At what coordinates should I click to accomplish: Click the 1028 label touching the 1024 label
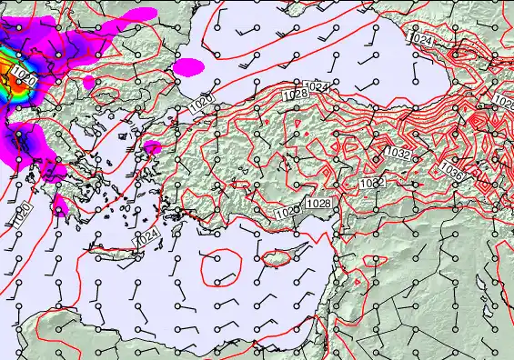[x=294, y=95]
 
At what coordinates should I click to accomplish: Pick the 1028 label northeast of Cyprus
[x=318, y=203]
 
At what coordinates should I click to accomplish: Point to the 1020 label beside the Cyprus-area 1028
[x=286, y=212]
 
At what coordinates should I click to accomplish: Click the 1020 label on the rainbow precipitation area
[x=25, y=83]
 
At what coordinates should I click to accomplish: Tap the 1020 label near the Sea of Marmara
[x=202, y=103]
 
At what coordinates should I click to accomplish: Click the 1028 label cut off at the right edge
[x=504, y=99]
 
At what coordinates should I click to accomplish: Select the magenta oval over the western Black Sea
[x=188, y=66]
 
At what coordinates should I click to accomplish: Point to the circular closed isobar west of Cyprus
[x=219, y=267]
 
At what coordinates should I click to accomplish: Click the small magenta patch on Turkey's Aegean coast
[x=153, y=146]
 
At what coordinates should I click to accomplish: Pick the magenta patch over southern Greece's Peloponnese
[x=61, y=205]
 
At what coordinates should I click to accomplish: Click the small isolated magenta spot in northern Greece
[x=89, y=82]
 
